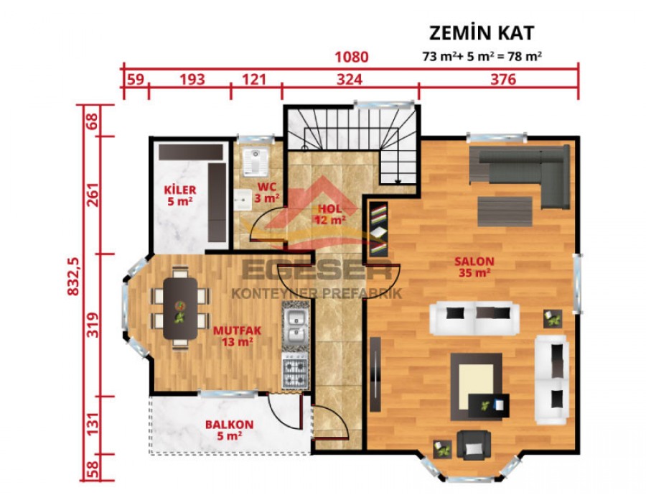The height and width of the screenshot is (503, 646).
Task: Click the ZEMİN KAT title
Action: [482, 33]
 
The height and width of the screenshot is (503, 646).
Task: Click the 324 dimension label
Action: [350, 79]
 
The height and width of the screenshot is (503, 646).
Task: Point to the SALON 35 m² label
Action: [474, 266]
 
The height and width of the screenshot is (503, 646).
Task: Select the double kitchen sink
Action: [294, 326]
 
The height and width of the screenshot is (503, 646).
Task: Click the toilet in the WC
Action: [253, 163]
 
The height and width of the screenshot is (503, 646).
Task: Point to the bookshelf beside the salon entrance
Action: [379, 230]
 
